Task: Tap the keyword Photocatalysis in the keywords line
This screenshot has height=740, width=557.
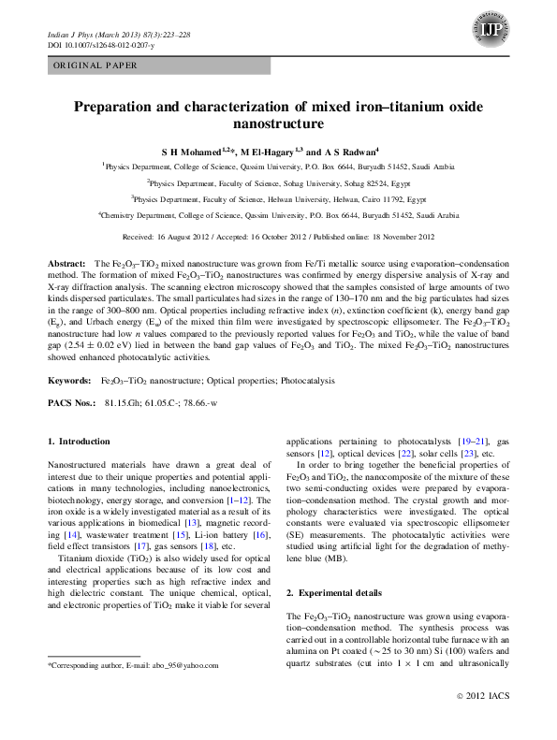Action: click(344, 356)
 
